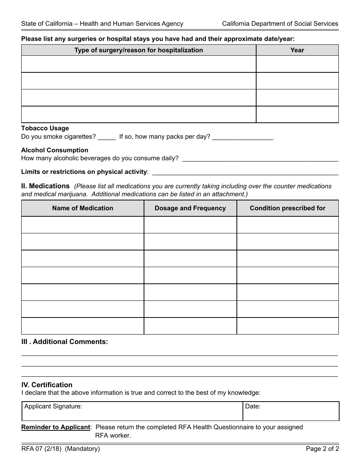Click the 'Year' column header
tap(297, 50)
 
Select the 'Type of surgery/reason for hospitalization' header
tap(138, 50)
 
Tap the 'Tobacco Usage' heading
tap(45, 128)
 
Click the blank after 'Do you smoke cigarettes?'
tap(106, 137)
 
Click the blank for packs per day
tap(243, 137)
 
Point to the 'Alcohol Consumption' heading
tap(55, 150)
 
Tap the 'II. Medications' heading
tap(45, 186)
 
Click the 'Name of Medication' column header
tap(83, 208)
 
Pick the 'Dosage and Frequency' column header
tap(190, 208)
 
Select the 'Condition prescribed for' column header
tap(288, 208)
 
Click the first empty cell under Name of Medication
tap(83, 225)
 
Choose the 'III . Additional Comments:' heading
tap(64, 342)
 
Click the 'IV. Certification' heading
tap(47, 385)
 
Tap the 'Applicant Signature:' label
tap(53, 407)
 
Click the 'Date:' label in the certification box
tap(253, 407)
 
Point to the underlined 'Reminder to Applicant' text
tap(56, 427)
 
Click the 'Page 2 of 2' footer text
tap(322, 449)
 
